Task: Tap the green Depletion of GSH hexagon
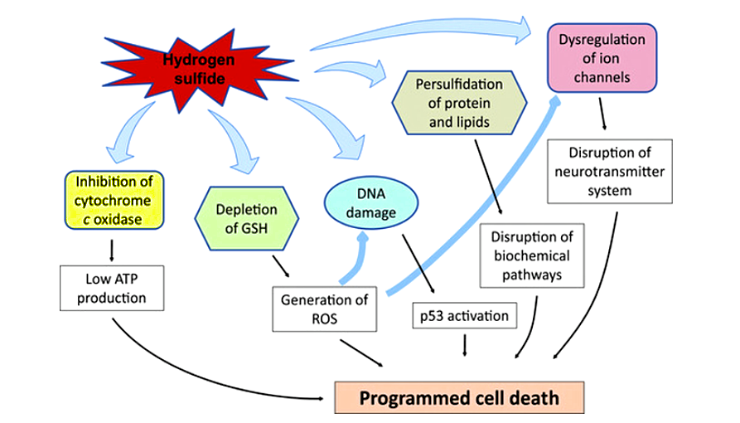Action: (x=248, y=215)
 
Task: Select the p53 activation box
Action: (x=464, y=315)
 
